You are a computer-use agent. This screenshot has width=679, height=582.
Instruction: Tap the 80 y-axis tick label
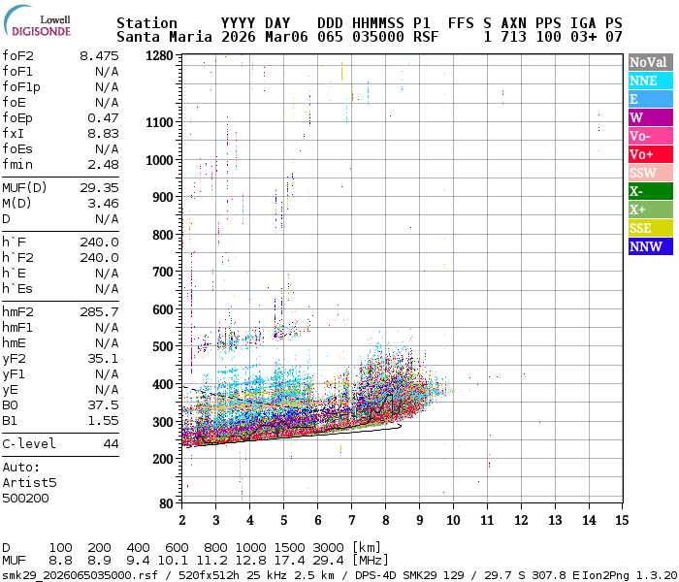pyautogui.click(x=166, y=503)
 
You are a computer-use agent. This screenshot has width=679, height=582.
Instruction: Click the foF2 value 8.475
pyautogui.click(x=99, y=56)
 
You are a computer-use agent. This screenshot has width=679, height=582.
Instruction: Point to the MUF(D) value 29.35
pyautogui.click(x=99, y=187)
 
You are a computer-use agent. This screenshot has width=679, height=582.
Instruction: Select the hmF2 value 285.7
pyautogui.click(x=99, y=311)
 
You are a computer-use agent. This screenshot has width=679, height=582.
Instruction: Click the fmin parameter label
pyautogui.click(x=17, y=164)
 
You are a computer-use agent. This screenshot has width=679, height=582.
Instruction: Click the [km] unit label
pyautogui.click(x=368, y=547)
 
